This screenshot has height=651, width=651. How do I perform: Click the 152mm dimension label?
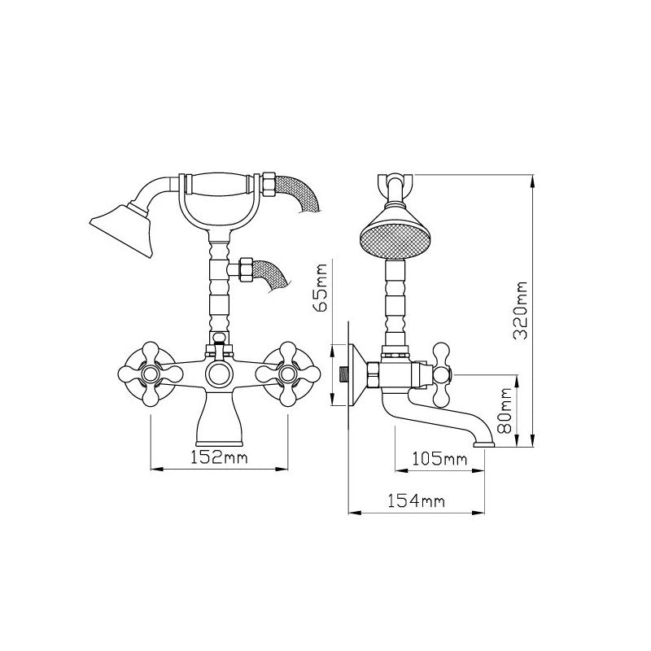coord(219,457)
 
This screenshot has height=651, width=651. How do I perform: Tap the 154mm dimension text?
coord(416,500)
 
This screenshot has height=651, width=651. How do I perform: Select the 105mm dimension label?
coord(439,459)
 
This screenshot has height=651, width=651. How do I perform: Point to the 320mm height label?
coord(519,311)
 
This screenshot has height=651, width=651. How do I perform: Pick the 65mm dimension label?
coord(321,287)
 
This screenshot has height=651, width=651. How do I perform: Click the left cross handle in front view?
coord(151,374)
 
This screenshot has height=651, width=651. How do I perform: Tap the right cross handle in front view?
coord(288,374)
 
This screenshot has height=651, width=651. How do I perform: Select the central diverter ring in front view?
coord(219,374)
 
